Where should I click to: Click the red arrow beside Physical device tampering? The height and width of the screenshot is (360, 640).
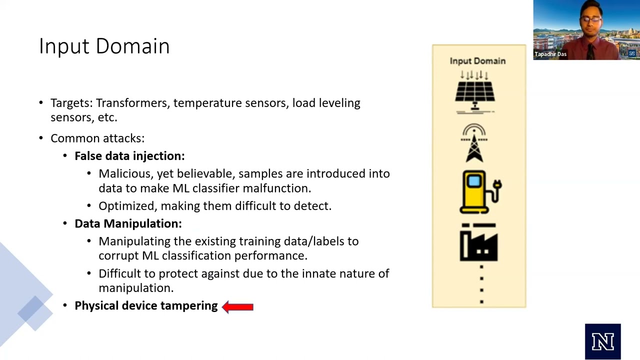[x=237, y=306]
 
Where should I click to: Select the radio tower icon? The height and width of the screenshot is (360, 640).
[x=474, y=144]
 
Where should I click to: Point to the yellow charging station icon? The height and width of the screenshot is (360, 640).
[x=480, y=192]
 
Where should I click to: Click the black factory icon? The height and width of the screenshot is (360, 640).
[x=478, y=243]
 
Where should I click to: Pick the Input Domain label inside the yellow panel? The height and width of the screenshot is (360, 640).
[x=477, y=61]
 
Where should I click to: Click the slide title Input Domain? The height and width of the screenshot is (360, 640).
[x=104, y=46]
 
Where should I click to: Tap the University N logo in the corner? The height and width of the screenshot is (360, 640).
[x=602, y=341]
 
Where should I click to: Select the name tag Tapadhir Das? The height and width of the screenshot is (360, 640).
[x=550, y=54]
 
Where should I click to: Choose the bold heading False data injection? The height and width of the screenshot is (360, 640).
[x=129, y=156]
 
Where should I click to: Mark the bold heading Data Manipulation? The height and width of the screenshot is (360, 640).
[x=128, y=223]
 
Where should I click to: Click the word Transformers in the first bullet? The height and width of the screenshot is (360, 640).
[x=132, y=103]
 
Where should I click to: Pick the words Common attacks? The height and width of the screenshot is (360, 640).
[x=97, y=138]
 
